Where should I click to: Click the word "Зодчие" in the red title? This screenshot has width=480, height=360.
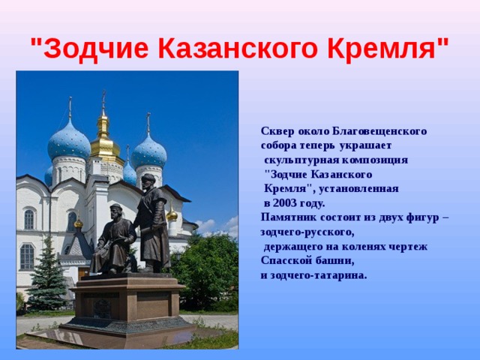(96, 48)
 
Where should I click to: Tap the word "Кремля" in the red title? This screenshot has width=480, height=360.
(382, 48)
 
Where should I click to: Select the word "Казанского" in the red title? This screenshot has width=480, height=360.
(238, 48)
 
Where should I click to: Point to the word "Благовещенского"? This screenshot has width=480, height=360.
(379, 131)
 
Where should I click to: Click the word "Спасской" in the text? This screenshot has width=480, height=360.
(283, 261)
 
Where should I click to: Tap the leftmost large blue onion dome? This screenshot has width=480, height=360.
(69, 142)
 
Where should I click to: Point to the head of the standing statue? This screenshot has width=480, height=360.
(148, 181)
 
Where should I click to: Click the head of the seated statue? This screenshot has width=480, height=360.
(116, 211)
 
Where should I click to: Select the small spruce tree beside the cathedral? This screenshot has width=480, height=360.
(46, 275)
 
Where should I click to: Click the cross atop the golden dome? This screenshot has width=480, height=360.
(103, 98)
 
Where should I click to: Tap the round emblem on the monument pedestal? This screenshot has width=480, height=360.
(102, 308)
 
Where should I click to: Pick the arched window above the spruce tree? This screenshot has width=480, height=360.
(27, 256)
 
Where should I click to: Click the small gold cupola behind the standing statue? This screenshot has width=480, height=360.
(172, 215)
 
